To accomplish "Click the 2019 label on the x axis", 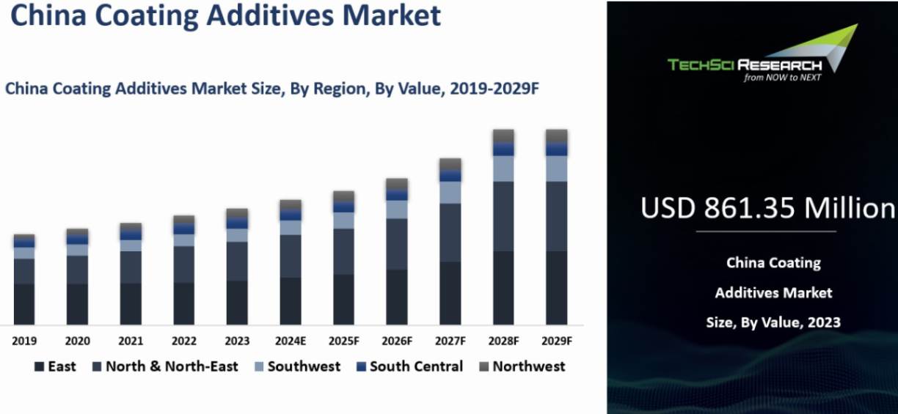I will pyautogui.click(x=24, y=341).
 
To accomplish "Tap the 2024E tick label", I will pyautogui.click(x=291, y=341).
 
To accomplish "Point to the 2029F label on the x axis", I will pyautogui.click(x=557, y=341).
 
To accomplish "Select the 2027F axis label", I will pyautogui.click(x=450, y=341).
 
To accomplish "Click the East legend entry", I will pyautogui.click(x=55, y=366).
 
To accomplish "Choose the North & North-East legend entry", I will pyautogui.click(x=164, y=366).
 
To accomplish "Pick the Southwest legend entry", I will pyautogui.click(x=296, y=366).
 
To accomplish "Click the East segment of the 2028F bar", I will pyautogui.click(x=503, y=288).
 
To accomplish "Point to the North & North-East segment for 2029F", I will pyautogui.click(x=557, y=216).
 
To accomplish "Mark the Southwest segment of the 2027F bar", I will pyautogui.click(x=450, y=193).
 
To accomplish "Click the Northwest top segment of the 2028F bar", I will pyautogui.click(x=503, y=136).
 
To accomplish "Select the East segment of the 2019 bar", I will pyautogui.click(x=24, y=304).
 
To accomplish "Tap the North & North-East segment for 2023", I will pyautogui.click(x=237, y=261).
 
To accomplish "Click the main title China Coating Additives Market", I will pyautogui.click(x=225, y=15).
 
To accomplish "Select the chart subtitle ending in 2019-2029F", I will pyautogui.click(x=272, y=89).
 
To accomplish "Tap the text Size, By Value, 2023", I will pyautogui.click(x=773, y=322).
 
